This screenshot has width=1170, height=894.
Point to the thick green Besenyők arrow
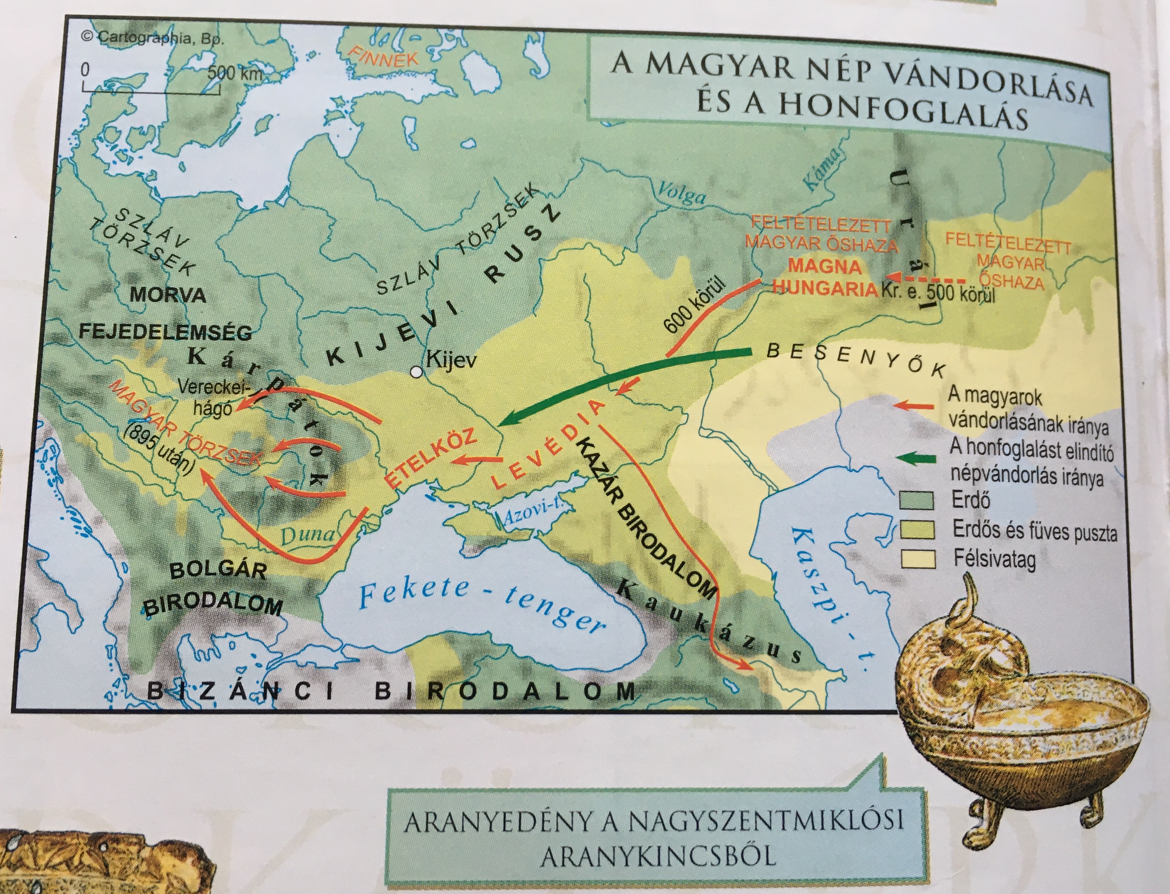[612, 380]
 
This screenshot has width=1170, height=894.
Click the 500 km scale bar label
[234, 73]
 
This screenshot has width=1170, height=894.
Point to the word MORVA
[168, 294]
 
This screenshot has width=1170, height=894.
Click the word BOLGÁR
[218, 571]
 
